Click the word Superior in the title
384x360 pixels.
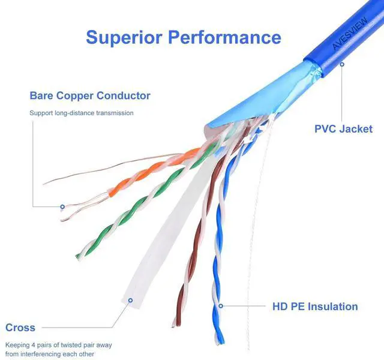[x=124, y=37]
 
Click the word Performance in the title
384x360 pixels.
[x=224, y=37]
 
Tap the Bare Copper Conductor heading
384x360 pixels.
[x=90, y=96]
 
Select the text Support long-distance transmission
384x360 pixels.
[x=82, y=113]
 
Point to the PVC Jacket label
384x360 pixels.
[x=343, y=129]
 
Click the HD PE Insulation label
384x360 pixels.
[x=315, y=307]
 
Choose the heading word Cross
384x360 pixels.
[x=20, y=328]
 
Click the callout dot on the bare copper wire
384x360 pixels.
[x=62, y=207]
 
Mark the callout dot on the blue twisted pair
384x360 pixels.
[x=221, y=306]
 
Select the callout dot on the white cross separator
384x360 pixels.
[x=130, y=299]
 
